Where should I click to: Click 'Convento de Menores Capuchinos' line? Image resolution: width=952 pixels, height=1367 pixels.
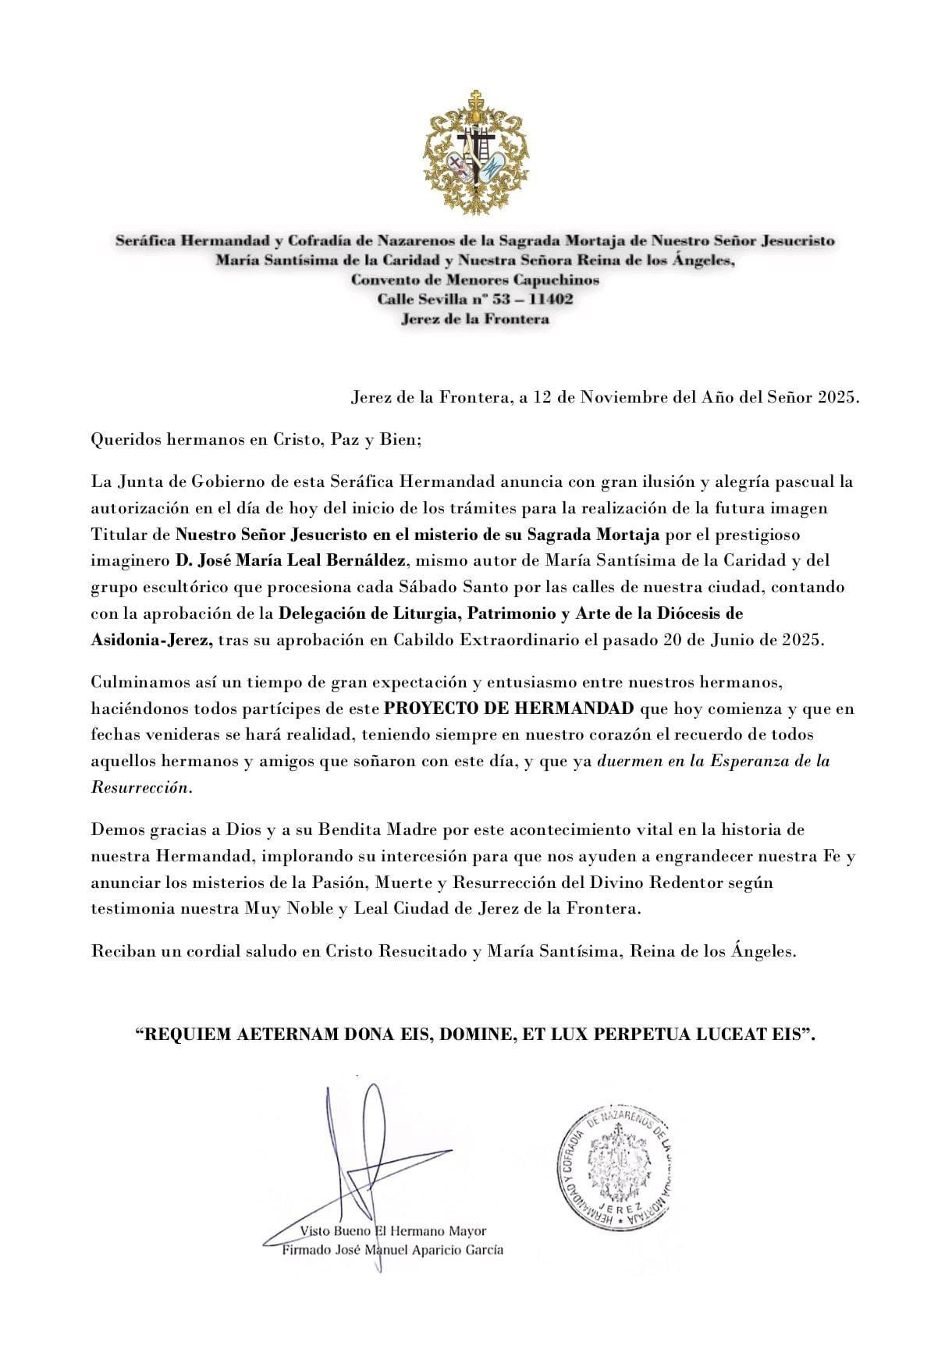coord(475,279)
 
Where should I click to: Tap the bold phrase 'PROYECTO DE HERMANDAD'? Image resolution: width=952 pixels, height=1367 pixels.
coord(509,708)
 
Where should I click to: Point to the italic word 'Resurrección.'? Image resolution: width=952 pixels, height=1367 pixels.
coord(141,787)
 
